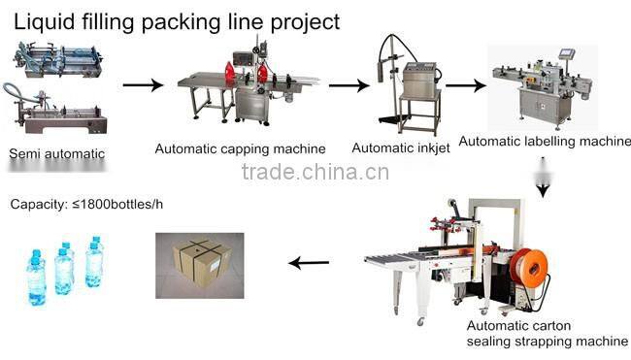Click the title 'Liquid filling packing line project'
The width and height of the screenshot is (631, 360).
pos(174,19)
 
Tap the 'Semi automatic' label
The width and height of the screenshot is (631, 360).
pos(56,153)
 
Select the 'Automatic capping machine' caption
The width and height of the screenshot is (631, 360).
pos(240,149)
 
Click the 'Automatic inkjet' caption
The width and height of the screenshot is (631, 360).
pos(400,148)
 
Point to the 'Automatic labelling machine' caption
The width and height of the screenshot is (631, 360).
pos(544,142)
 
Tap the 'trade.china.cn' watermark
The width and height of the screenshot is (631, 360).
pos(315,173)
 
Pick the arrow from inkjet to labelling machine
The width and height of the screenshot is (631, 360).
pos(465,85)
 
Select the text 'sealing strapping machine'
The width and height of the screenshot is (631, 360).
pos(548,341)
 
